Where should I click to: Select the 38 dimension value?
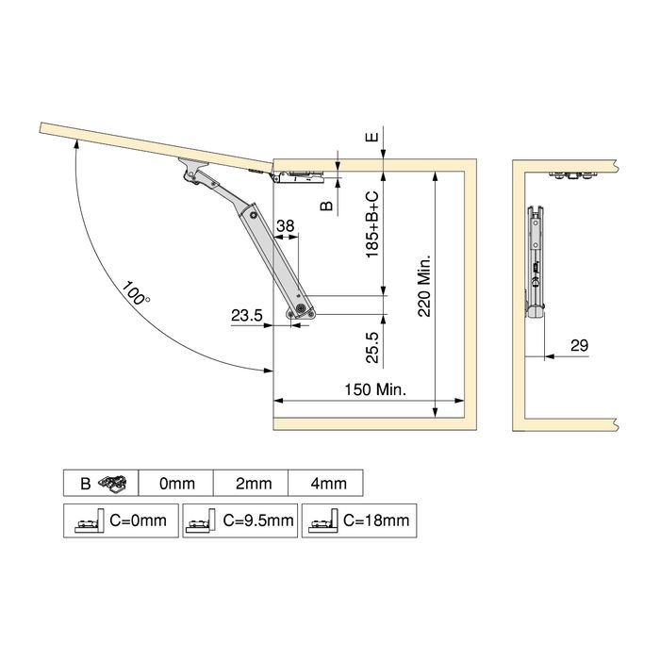[x=286, y=226]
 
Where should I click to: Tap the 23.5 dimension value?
[x=246, y=316]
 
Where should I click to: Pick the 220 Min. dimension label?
[x=424, y=284]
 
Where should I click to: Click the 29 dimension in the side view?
[x=579, y=346]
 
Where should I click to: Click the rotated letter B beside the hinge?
[x=326, y=205]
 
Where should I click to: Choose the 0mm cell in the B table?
[x=176, y=484]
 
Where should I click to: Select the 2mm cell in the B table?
[x=253, y=484]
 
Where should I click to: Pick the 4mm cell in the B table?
[x=327, y=484]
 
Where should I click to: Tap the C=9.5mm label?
[x=257, y=520]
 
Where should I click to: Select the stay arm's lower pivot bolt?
[x=300, y=308]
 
